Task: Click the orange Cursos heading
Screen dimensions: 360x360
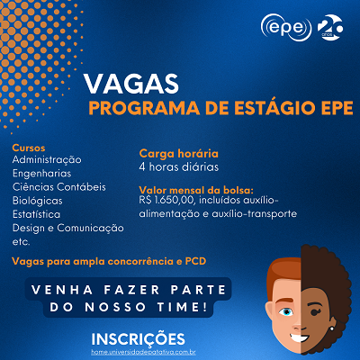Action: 29,147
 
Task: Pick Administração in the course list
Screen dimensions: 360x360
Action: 47,159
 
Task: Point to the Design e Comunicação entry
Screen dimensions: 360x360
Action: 68,229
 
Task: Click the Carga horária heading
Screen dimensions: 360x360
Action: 179,154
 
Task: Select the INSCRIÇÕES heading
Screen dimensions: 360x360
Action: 139,338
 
